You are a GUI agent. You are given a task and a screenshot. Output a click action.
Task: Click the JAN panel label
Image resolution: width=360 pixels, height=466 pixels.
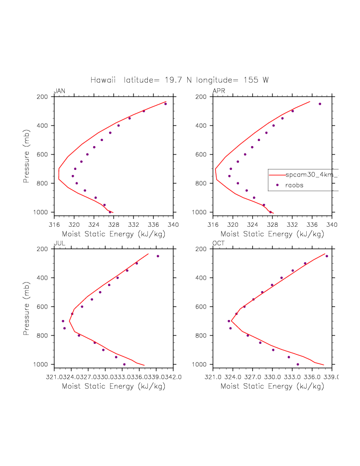click(59, 91)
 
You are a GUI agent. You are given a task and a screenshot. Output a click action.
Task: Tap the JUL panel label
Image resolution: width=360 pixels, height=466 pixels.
click(59, 243)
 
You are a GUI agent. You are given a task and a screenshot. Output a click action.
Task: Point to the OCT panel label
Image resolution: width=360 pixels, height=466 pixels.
click(218, 243)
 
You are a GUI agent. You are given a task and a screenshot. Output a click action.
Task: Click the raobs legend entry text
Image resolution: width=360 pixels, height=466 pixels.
click(295, 185)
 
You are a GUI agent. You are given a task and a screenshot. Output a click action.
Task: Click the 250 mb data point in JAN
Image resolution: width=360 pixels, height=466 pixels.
click(165, 104)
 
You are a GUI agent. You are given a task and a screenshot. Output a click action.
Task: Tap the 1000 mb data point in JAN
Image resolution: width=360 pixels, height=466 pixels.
click(110, 212)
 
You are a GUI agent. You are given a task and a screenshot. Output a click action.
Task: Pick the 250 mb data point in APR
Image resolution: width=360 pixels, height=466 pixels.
click(320, 104)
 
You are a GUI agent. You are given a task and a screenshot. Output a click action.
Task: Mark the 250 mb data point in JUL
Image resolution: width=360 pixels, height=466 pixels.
click(158, 256)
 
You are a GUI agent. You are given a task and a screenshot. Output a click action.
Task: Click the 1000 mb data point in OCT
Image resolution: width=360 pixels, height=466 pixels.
click(298, 364)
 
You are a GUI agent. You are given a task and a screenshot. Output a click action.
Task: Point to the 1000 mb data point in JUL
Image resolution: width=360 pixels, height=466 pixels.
click(124, 364)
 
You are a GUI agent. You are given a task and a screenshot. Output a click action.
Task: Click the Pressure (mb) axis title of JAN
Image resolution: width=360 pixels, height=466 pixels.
click(26, 155)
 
